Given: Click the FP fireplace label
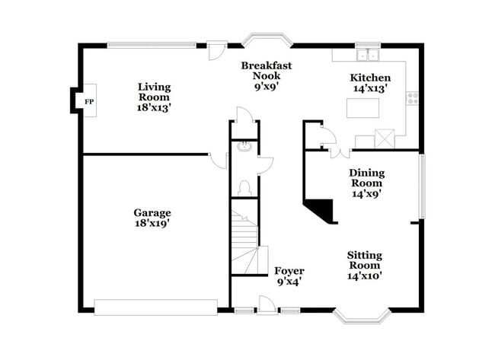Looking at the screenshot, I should coord(88,101).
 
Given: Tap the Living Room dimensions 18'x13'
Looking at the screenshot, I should coord(154,108).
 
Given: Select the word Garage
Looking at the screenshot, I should coord(152,212).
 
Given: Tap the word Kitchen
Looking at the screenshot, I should coord(370,78).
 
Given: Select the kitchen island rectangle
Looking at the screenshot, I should coord(364,109).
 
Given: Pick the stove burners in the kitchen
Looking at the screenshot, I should coord(412,97).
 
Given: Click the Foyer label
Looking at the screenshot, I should coord(289,271).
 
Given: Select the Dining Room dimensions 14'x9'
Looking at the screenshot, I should coord(366,193).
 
